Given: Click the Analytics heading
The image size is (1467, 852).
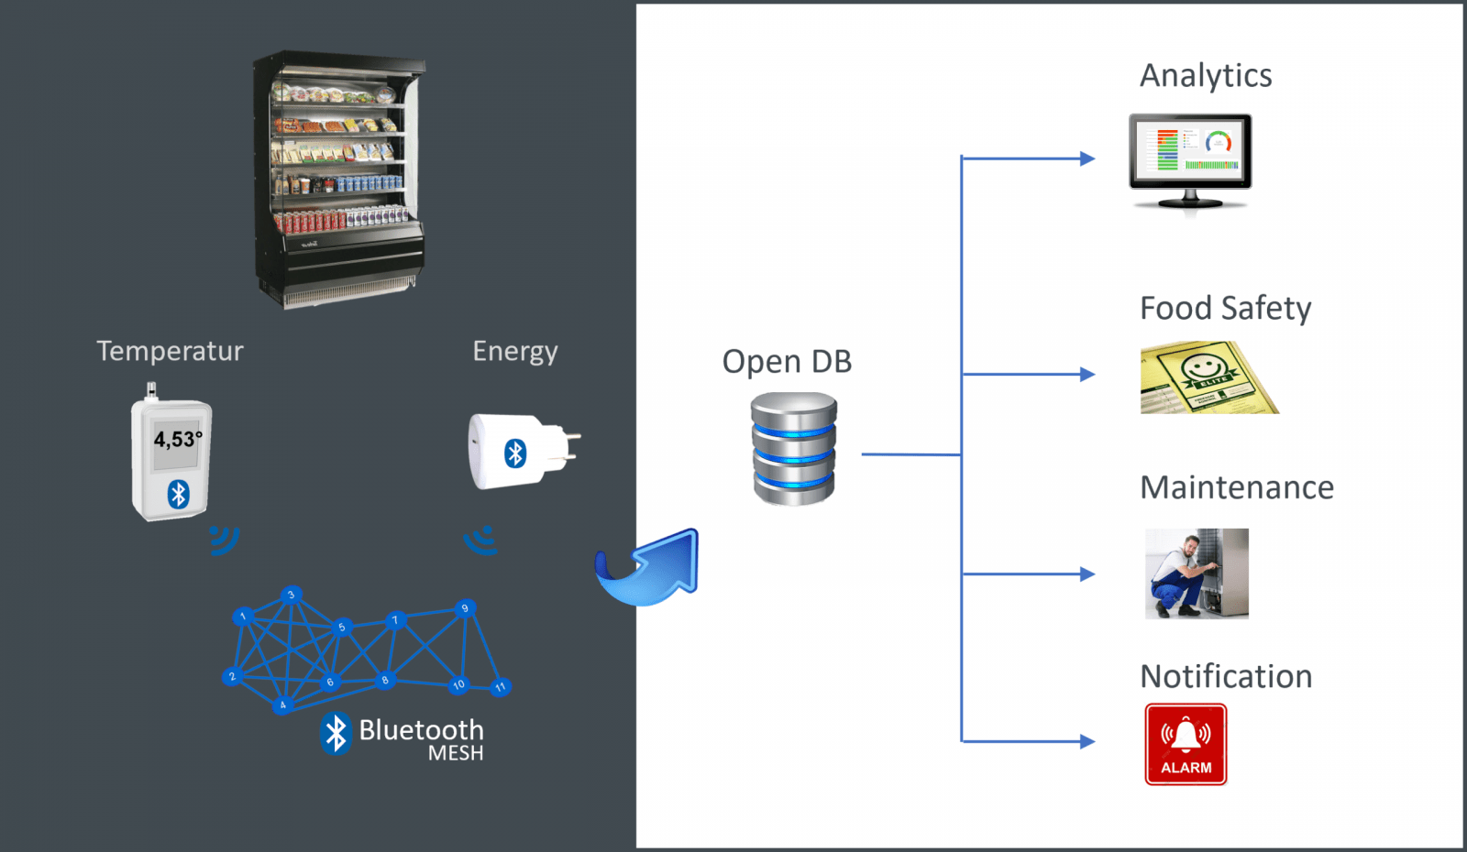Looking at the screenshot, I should click(1205, 76).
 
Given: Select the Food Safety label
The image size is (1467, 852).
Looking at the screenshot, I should click(1225, 309).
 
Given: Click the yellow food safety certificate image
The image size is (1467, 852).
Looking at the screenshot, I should click(1208, 378).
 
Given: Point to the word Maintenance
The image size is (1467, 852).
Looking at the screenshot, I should click(1236, 487).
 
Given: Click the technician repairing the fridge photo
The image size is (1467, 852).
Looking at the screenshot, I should click(1197, 573).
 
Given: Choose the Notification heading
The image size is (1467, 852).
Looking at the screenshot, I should click(1226, 676).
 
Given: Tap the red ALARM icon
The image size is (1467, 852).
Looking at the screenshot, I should click(1186, 744).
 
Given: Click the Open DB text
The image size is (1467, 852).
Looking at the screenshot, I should click(787, 362).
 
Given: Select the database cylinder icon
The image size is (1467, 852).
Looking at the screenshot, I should click(794, 449).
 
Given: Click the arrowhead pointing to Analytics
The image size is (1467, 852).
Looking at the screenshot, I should click(1087, 158).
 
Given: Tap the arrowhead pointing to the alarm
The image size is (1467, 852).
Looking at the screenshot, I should click(1087, 741).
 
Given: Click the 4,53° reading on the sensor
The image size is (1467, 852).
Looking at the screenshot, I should click(176, 440).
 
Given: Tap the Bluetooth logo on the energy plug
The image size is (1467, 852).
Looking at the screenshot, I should click(515, 453).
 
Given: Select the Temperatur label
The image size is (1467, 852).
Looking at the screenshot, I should click(170, 351).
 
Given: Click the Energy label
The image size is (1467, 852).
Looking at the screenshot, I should click(514, 351).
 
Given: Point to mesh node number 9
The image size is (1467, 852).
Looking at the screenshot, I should click(465, 608).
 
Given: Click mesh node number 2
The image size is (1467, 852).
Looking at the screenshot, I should click(232, 677).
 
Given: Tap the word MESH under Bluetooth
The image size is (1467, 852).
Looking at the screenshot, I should click(456, 753).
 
